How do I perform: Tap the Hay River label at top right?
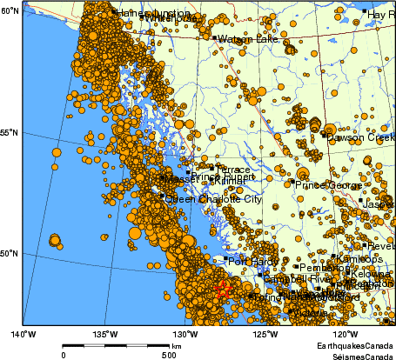pos(381,15)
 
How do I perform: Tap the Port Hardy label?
pos(251,260)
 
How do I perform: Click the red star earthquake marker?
pos(223,290)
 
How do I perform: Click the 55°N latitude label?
pos(10,132)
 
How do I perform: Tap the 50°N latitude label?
pos(10,254)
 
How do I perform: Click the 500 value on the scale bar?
pos(167,356)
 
